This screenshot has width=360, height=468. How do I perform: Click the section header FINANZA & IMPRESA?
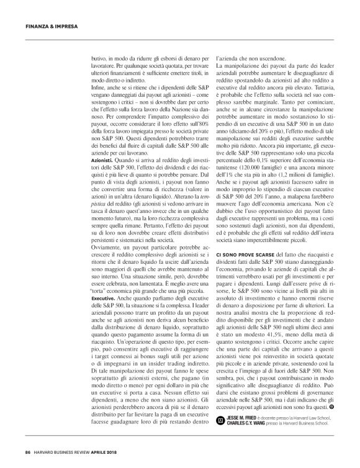[x=47, y=26]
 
